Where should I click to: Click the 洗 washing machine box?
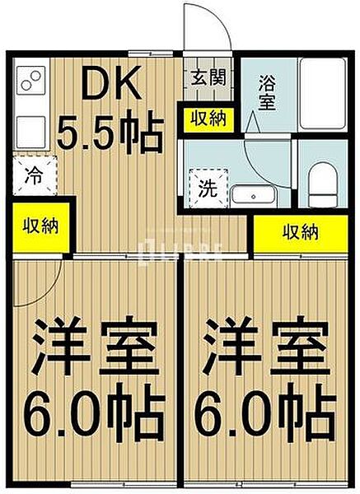click(207, 186)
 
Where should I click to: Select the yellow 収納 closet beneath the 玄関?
click(208, 119)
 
